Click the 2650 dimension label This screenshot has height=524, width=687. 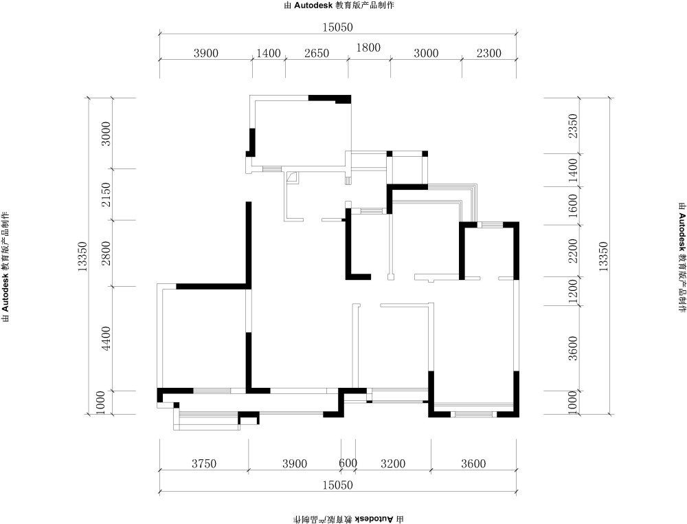(x=317, y=53)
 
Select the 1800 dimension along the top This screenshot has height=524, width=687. (x=368, y=47)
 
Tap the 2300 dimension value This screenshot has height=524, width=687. (x=489, y=53)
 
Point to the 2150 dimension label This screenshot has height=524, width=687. (x=106, y=195)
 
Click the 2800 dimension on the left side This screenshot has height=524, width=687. (x=106, y=253)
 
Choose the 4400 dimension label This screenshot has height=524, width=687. (x=106, y=338)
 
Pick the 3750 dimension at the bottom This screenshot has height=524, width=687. (x=204, y=463)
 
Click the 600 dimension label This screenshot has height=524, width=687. (x=348, y=463)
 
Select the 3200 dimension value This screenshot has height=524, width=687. (x=393, y=463)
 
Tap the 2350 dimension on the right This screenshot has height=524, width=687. (x=573, y=126)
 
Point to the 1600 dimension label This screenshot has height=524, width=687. (x=573, y=206)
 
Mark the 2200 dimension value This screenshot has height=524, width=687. (x=573, y=250)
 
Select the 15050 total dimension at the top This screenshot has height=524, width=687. (x=338, y=28)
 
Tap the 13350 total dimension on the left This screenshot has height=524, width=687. (x=83, y=256)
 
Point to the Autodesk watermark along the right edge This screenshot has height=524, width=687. (x=682, y=257)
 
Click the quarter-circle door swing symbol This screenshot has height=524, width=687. (x=293, y=177)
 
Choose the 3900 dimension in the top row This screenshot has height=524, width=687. (x=206, y=53)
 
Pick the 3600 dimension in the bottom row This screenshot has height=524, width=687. (x=473, y=463)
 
